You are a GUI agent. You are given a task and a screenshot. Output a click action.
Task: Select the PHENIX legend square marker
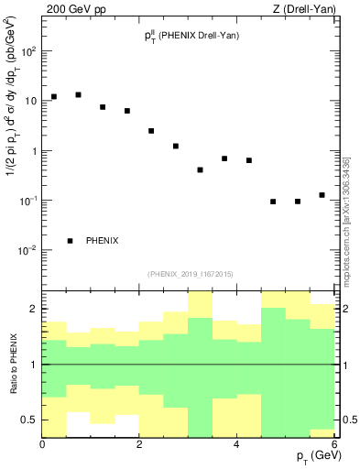click(70, 241)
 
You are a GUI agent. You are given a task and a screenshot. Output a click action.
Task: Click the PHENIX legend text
click(102, 241)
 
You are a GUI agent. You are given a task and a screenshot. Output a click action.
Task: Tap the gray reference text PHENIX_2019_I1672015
click(190, 273)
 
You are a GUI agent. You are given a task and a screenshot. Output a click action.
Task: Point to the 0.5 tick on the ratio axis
click(28, 420)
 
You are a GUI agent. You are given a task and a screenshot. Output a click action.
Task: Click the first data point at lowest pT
click(54, 96)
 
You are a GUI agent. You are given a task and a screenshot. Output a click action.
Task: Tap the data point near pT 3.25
click(200, 169)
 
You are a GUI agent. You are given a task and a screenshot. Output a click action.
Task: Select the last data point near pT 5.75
click(322, 195)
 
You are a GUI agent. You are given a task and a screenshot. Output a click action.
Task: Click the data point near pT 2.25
click(151, 131)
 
